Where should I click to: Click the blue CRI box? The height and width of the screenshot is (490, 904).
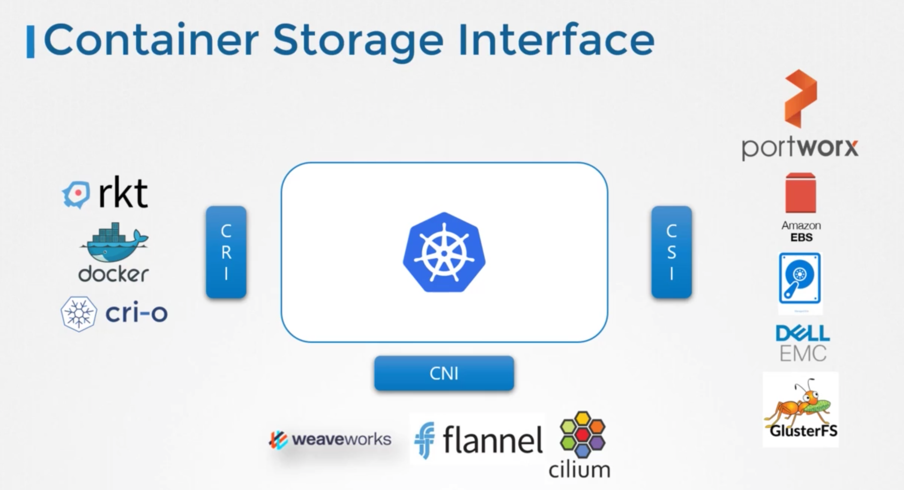coord(226,252)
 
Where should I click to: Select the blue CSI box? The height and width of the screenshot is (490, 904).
coord(671,252)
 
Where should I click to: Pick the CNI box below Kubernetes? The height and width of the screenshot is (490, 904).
coord(444,373)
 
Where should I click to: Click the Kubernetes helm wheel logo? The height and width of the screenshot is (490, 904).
coord(444,252)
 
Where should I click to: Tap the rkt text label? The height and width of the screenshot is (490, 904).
coord(123,193)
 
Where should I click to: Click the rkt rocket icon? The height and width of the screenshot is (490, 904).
coord(77,194)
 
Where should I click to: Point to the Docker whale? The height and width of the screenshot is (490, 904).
coord(114,243)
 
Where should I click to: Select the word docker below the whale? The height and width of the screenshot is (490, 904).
coord(113,274)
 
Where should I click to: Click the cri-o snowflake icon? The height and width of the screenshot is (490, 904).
coord(79,314)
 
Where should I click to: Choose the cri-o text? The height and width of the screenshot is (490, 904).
coord(136,313)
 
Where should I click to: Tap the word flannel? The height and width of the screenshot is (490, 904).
coord(492,440)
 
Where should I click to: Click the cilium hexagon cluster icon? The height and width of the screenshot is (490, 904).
coord(582,435)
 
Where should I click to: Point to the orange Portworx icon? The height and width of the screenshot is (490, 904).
coord(800,98)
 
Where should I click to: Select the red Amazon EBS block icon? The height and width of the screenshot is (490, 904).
coord(800,193)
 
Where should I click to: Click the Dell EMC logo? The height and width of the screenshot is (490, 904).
coord(803,343)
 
